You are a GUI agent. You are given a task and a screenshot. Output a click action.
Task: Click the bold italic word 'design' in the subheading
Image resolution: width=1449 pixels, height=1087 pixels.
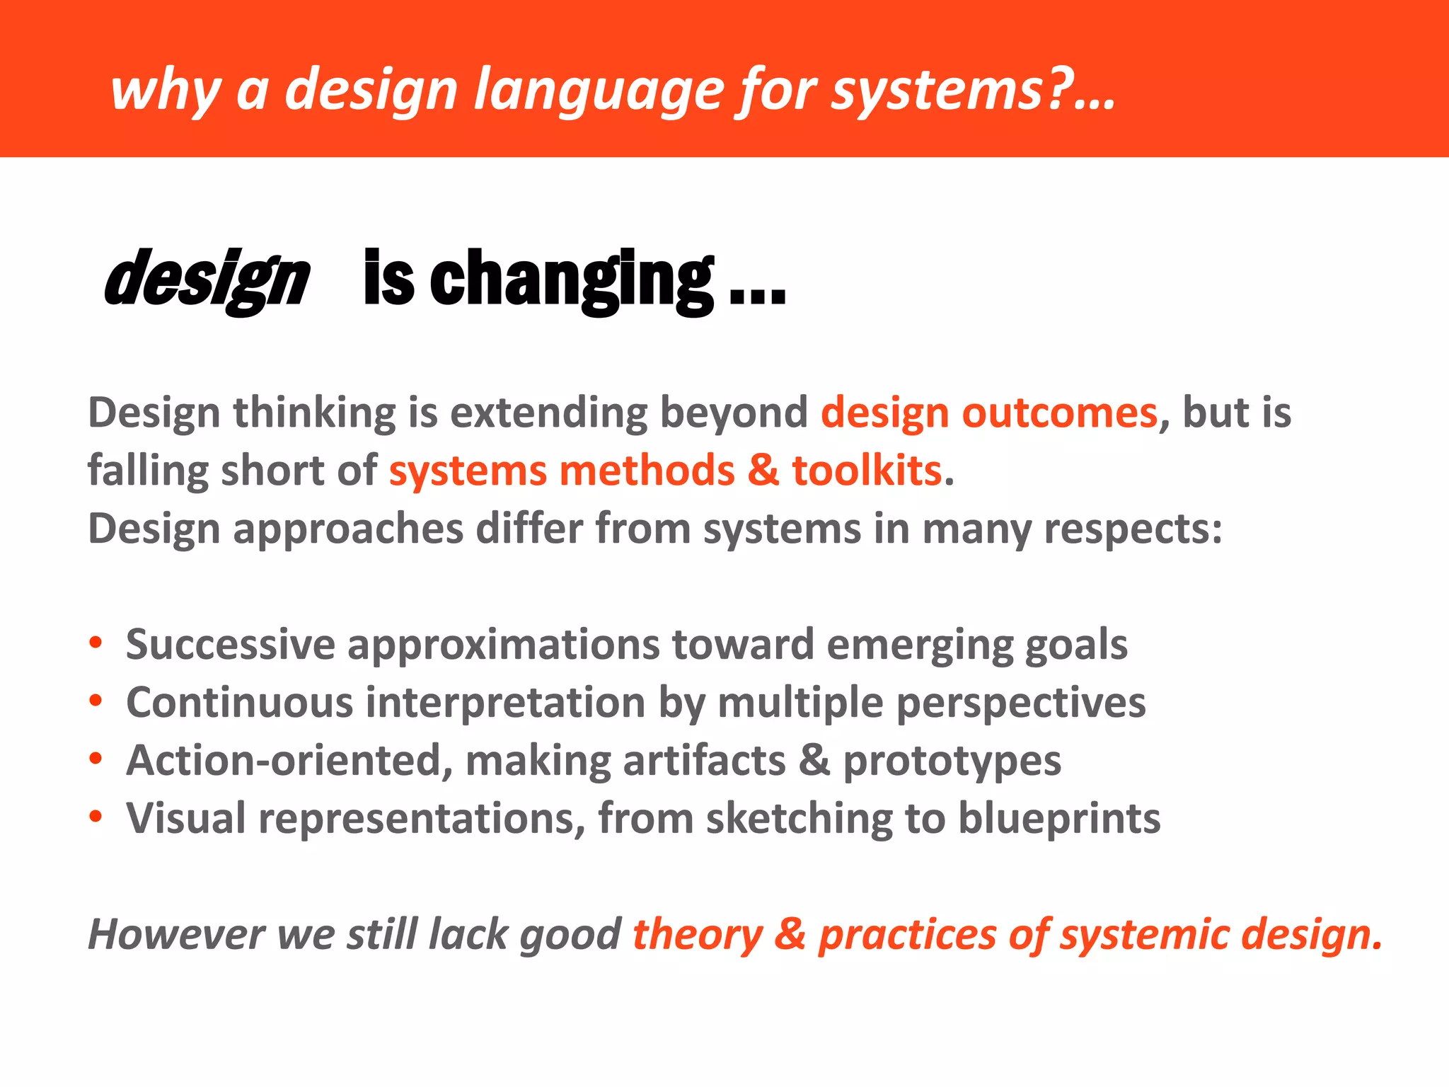[x=207, y=280]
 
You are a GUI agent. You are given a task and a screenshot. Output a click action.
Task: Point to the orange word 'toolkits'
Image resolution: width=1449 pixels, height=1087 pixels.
[x=867, y=471]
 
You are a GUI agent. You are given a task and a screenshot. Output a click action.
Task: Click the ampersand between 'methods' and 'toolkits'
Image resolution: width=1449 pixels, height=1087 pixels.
[x=763, y=471]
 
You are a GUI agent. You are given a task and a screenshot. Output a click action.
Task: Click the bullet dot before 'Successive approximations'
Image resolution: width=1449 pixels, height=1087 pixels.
[x=96, y=643]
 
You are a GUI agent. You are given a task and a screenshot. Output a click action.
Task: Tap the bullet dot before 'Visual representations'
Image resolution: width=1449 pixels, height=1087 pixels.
[x=96, y=817]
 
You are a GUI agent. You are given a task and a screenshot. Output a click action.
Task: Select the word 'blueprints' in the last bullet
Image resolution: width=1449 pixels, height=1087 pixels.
[x=1059, y=819]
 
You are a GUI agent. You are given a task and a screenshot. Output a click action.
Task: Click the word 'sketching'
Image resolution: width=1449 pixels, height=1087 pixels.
[x=799, y=819]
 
